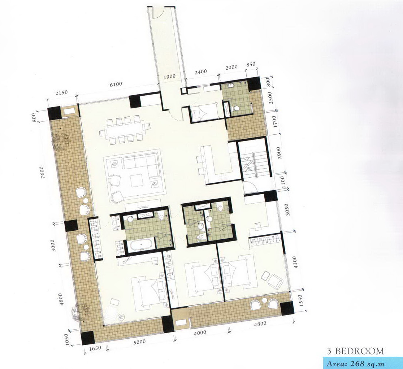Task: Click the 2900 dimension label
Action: [279, 153]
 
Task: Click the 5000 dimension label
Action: [139, 342]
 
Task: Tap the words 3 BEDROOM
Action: [355, 351]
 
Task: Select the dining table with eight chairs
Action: [125, 129]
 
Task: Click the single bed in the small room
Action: [205, 112]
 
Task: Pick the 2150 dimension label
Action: [62, 92]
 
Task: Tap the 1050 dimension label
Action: [67, 340]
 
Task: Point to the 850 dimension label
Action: [251, 64]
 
